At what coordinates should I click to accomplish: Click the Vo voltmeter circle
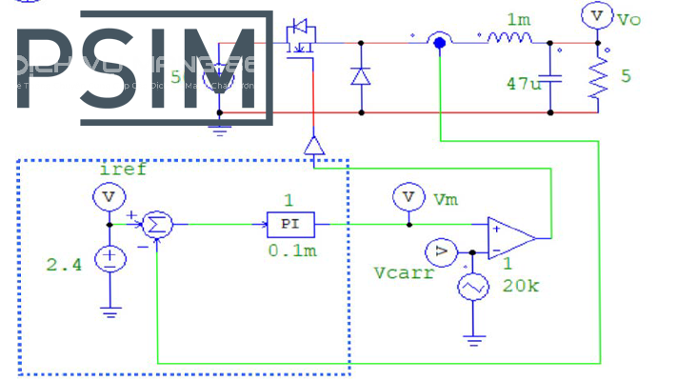596,16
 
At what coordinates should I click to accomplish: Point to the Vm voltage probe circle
409,196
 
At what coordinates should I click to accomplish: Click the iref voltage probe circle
109,196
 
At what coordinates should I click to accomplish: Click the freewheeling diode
360,77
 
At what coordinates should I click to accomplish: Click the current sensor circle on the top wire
438,42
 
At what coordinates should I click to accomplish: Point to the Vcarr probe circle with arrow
440,251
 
